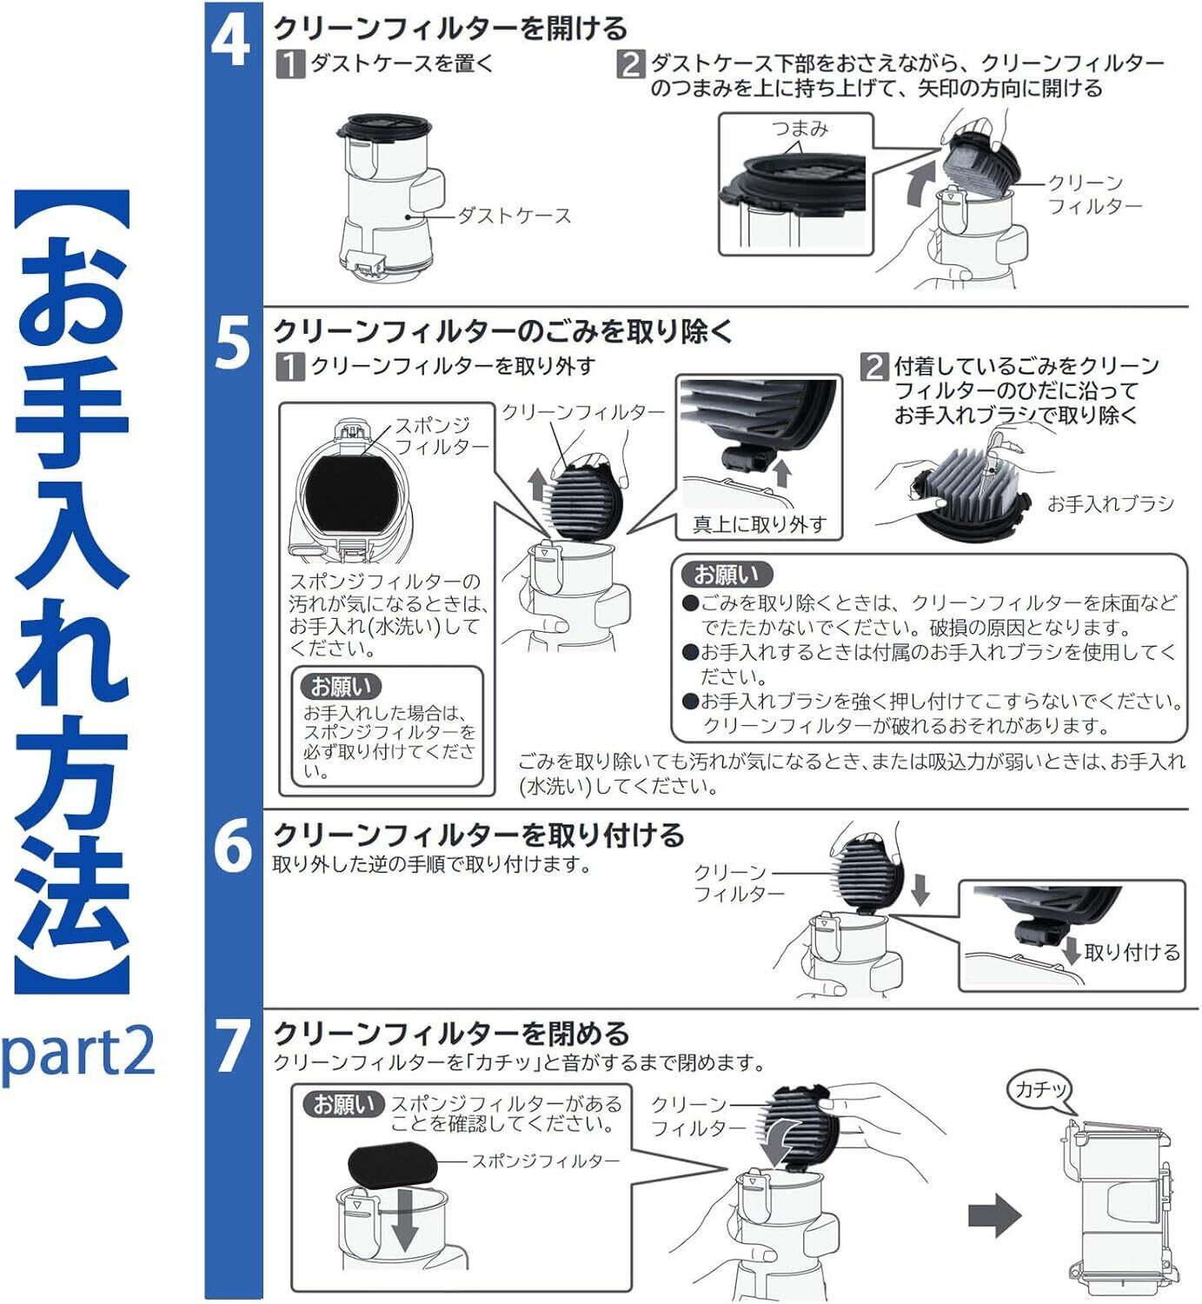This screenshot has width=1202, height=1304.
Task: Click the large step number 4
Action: pos(230,41)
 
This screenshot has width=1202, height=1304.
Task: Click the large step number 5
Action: pos(232,343)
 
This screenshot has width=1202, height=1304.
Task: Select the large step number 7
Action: pos(232,1046)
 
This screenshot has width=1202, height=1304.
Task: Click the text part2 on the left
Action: pos(78,1052)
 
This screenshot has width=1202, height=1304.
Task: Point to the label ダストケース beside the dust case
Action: pos(515,216)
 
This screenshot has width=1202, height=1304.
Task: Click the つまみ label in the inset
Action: pos(800,129)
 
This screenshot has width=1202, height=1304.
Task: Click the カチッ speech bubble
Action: pos(1040,1089)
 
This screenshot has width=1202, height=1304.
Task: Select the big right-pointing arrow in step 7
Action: pos(994,1214)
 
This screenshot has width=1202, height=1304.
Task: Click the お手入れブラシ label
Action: pos(1110,503)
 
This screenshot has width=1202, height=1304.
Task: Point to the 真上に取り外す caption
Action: pos(759,524)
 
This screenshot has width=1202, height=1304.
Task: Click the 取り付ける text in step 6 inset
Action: pos(1132,952)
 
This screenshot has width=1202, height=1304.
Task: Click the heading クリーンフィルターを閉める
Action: pos(451,1034)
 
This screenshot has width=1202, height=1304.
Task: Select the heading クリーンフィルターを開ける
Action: pos(450,29)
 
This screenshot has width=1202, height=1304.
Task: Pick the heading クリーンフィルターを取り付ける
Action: pos(479,835)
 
